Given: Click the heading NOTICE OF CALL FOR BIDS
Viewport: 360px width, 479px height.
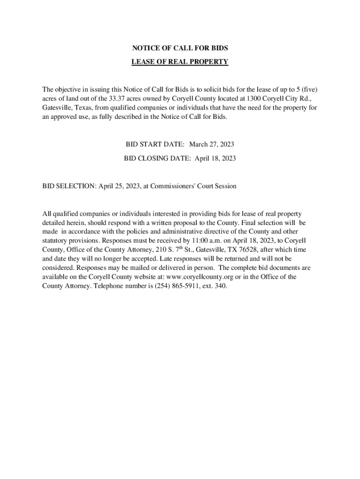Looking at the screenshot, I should click(180, 48).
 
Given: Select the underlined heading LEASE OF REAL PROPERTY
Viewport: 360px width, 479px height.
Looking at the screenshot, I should click(180, 62).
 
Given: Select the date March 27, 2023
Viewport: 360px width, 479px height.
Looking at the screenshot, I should click(211, 145).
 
